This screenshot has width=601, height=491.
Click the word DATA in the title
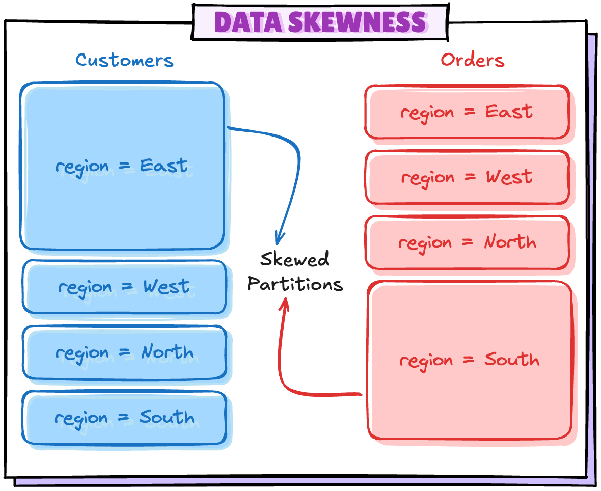pos(248,22)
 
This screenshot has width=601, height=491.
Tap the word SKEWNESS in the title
pos(357,22)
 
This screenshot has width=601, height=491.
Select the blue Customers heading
pos(125,60)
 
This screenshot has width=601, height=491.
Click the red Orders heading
pos(472,60)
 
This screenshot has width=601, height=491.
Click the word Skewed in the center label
pos(294,260)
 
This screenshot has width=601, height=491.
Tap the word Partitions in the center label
pos(295,284)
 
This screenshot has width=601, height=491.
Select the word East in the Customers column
pos(164,166)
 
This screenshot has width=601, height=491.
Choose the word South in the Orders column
pos(511,360)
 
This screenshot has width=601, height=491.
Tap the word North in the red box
pos(510,242)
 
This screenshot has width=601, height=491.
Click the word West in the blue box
pos(166,287)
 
